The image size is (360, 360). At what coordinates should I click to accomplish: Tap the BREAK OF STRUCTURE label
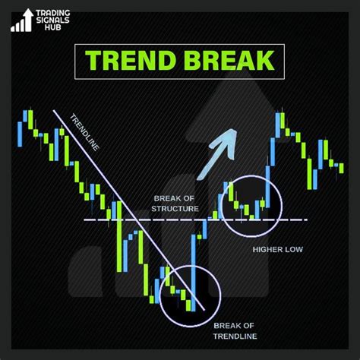coord(174,204)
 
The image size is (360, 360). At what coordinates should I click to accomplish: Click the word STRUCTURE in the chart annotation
coord(174,209)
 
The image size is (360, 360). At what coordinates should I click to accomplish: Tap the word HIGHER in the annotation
coord(266,248)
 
